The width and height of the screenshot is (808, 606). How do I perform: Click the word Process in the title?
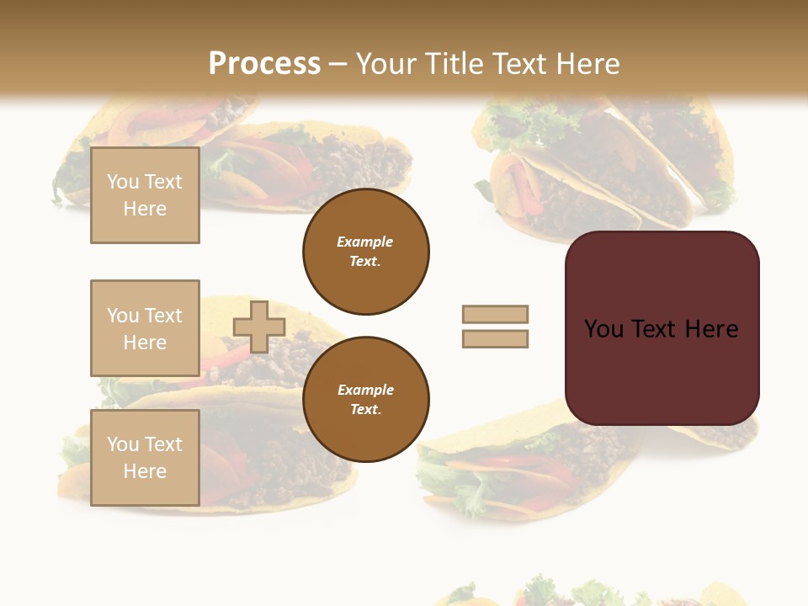pos(264,64)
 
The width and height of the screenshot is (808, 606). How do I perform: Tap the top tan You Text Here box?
pos(145,195)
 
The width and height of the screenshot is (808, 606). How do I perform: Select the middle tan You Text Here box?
pos(145,328)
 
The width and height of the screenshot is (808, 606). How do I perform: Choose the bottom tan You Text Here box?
pos(145,458)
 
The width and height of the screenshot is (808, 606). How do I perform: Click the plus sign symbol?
pos(259,327)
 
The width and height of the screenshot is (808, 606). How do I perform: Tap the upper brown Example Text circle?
pos(366,252)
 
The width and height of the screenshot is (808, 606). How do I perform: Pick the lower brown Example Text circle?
pos(366,399)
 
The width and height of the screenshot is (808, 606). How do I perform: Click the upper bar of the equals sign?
pos(495,314)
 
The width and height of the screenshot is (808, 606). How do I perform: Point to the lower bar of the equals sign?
pos(495,338)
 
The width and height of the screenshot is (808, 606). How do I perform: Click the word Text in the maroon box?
pos(654,329)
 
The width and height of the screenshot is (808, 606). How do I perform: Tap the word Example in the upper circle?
pos(365,242)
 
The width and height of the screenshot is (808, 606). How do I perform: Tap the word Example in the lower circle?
pos(365,390)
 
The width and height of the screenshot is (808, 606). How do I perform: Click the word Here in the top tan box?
pos(145,209)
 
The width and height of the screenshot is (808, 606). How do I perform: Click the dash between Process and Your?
pos(338,65)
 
